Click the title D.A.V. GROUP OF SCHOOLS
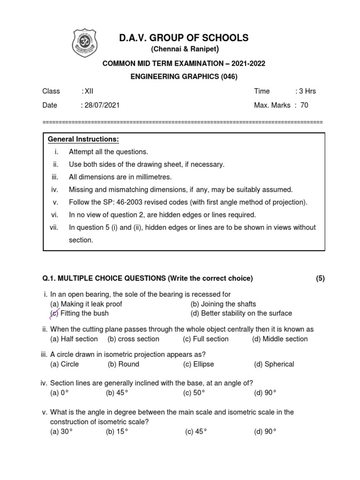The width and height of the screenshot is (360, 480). pyautogui.click(x=184, y=37)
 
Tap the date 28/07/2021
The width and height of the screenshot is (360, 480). pyautogui.click(x=101, y=105)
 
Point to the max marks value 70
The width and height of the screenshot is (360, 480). pyautogui.click(x=304, y=105)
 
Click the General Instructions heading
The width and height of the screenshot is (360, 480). pyautogui.click(x=83, y=139)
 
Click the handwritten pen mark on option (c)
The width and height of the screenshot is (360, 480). pyautogui.click(x=54, y=314)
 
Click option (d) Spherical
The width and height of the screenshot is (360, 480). pyautogui.click(x=274, y=364)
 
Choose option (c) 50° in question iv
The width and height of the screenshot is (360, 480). pyautogui.click(x=195, y=393)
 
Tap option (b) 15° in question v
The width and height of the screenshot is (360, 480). pyautogui.click(x=117, y=432)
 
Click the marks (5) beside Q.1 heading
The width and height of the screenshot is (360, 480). pyautogui.click(x=320, y=278)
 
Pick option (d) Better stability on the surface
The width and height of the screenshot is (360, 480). pyautogui.click(x=241, y=313)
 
